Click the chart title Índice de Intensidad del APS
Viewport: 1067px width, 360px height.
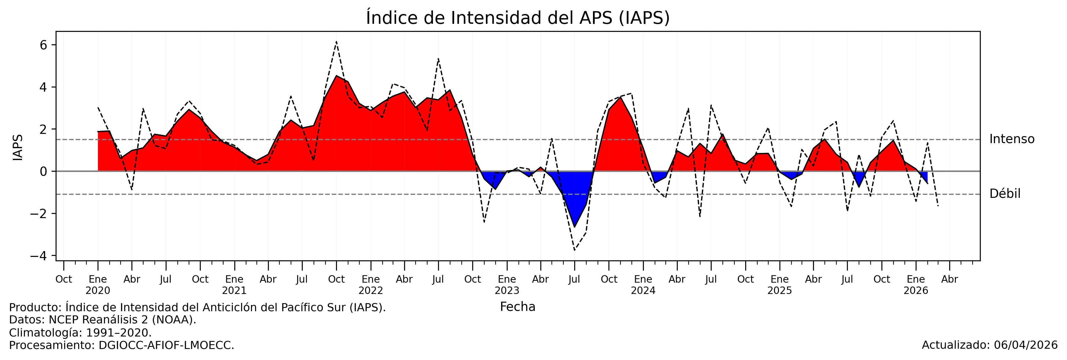click(517, 18)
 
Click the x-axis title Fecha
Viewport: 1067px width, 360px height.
click(517, 307)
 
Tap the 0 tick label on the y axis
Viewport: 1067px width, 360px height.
click(43, 171)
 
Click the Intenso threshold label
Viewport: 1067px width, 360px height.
click(1011, 139)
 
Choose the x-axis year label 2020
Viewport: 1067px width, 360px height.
click(98, 291)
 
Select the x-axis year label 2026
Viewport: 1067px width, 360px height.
click(916, 291)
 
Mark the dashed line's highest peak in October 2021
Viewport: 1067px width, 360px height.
click(336, 41)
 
